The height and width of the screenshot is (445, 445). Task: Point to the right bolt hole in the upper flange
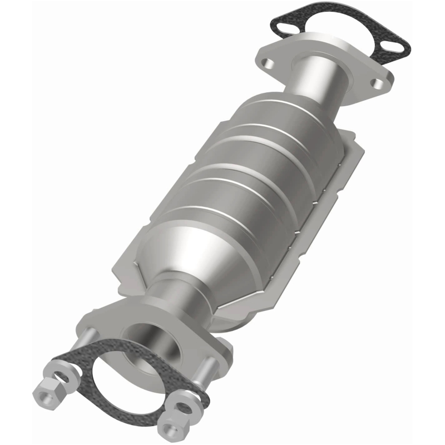tap(379, 83)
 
